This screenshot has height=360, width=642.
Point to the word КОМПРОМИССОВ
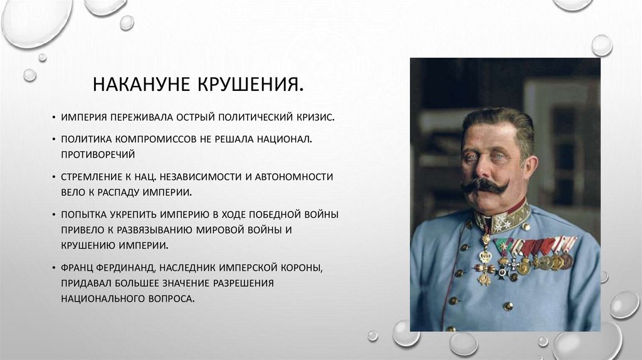158,137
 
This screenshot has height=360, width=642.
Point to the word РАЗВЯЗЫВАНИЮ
179,230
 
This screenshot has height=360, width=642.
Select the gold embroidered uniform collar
502,220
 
